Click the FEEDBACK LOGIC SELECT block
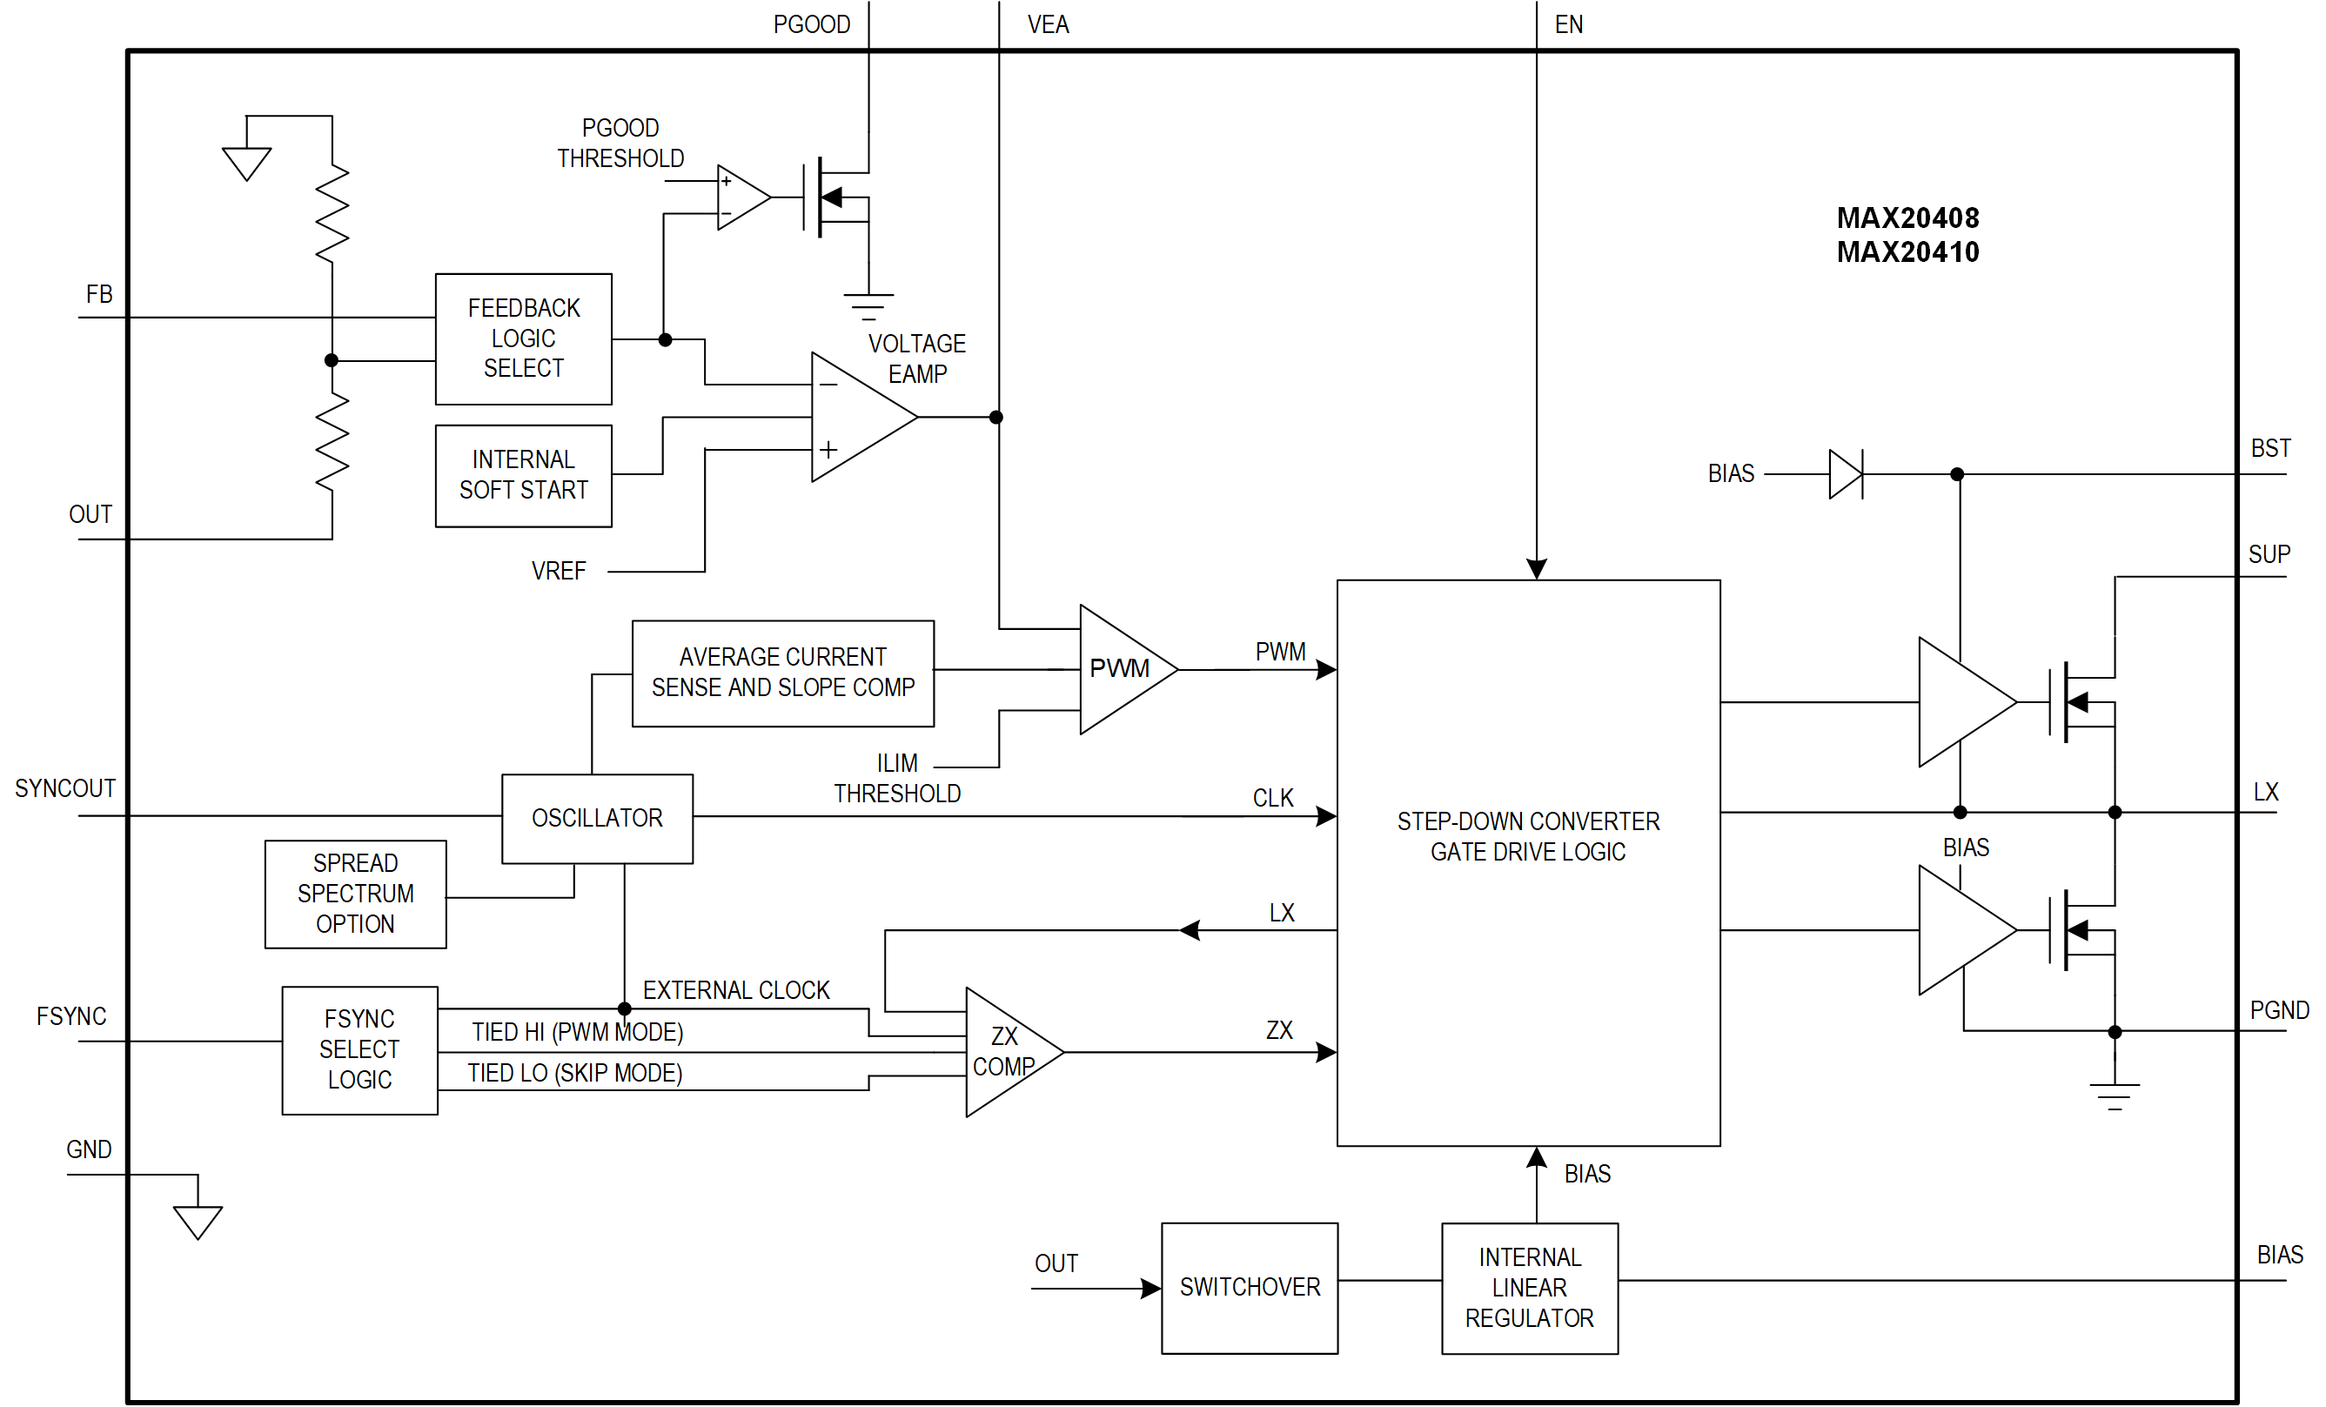coord(523,338)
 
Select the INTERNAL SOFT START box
coord(523,475)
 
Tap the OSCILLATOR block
coord(597,818)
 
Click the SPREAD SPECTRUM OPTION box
coord(355,894)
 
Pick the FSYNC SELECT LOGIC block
coord(359,1049)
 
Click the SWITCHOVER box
coord(1249,1287)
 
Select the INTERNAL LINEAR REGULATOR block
coord(1529,1287)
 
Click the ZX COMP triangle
coord(1004,1051)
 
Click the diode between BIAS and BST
coord(1845,473)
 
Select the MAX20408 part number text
coord(1907,218)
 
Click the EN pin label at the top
coord(1568,24)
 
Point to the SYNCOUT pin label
coord(64,788)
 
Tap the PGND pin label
coord(2278,1009)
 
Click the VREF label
coord(558,571)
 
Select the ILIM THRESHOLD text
coord(897,778)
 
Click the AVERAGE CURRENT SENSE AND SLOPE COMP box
coord(782,673)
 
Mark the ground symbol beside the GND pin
coord(198,1221)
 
